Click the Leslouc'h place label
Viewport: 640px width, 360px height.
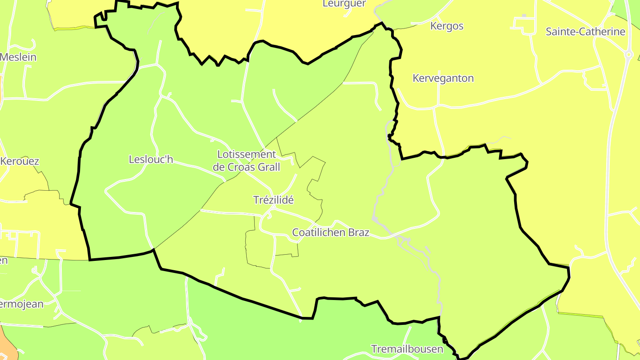[151, 159]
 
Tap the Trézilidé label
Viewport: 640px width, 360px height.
[273, 200]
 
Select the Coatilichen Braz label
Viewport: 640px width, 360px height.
[331, 232]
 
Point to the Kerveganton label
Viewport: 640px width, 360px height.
[443, 78]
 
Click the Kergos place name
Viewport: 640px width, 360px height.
[447, 26]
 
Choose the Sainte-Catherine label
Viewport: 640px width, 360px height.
[585, 32]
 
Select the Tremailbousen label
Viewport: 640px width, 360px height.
[407, 349]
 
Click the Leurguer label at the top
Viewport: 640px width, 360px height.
[344, 4]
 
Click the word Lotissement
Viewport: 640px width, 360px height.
[247, 154]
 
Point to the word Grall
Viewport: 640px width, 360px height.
[269, 167]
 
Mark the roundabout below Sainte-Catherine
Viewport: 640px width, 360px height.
[628, 55]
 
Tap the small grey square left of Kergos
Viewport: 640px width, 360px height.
[524, 16]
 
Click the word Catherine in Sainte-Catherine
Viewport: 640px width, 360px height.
[600, 32]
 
